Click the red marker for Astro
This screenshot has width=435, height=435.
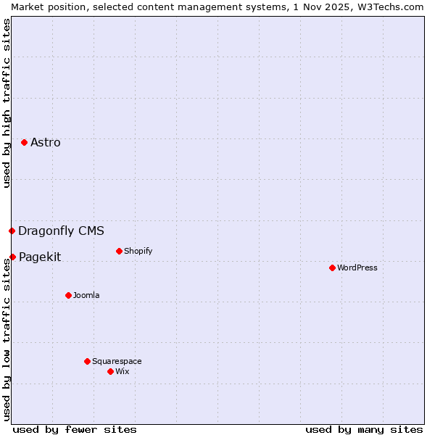(24, 142)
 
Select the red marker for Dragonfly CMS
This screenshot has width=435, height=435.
(12, 231)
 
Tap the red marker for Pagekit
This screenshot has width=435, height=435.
(12, 257)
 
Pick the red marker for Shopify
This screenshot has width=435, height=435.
(119, 251)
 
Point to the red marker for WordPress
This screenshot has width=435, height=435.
(332, 268)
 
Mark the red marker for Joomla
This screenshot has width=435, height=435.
(68, 295)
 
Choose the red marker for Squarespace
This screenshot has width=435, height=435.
(87, 361)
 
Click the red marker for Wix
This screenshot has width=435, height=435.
(110, 371)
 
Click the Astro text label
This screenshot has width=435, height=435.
(46, 142)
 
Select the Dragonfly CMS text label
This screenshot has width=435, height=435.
(61, 231)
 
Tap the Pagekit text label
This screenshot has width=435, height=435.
(40, 257)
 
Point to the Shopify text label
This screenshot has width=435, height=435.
(138, 251)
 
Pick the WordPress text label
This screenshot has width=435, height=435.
(357, 268)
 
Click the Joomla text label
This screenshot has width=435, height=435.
(86, 295)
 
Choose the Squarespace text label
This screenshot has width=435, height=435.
(117, 361)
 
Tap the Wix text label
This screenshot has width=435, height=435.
(122, 371)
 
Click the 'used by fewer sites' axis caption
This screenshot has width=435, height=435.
(75, 429)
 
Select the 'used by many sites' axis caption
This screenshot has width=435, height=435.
(364, 429)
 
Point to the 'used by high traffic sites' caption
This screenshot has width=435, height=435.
(7, 103)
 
